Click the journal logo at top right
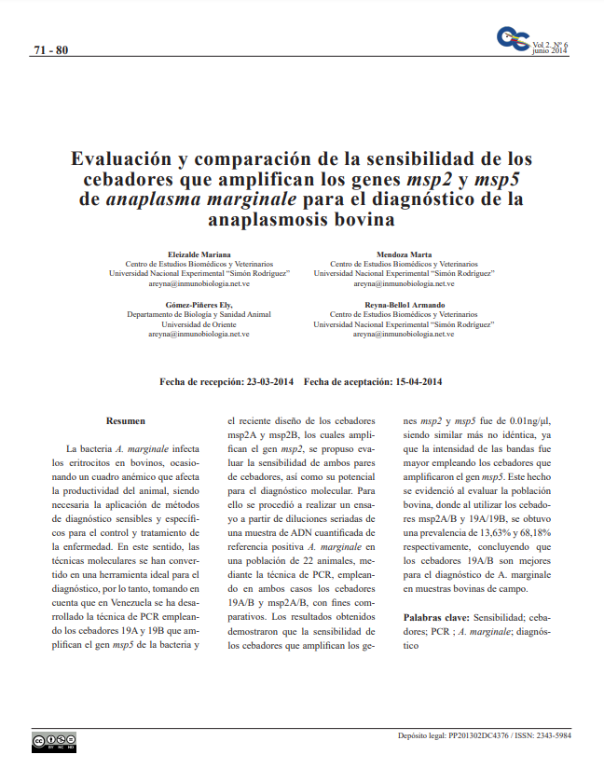tap(513, 40)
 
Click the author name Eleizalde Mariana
tap(199, 254)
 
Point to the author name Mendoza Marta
tap(404, 254)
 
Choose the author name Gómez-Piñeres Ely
tap(199, 306)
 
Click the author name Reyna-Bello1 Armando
tap(404, 306)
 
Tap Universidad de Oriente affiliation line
tap(199, 324)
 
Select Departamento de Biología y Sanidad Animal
tap(199, 315)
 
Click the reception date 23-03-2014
tap(270, 382)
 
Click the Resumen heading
tap(126, 421)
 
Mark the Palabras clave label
tap(435, 618)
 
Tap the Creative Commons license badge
tap(54, 743)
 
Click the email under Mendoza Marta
tap(404, 282)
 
